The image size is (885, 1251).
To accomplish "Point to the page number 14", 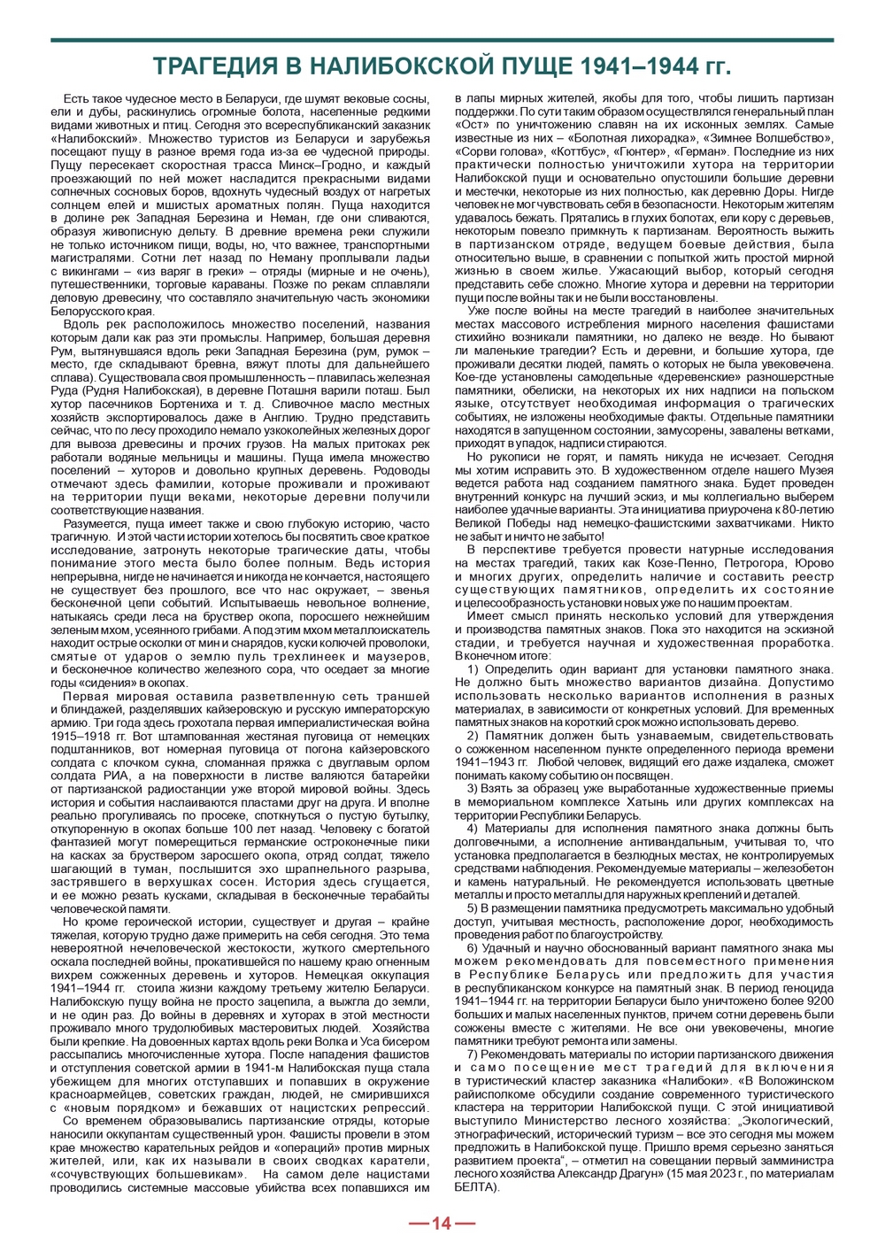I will (x=442, y=1224).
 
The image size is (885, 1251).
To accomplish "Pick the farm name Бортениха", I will (x=190, y=404).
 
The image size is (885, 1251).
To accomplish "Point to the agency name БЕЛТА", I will (x=473, y=1186).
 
